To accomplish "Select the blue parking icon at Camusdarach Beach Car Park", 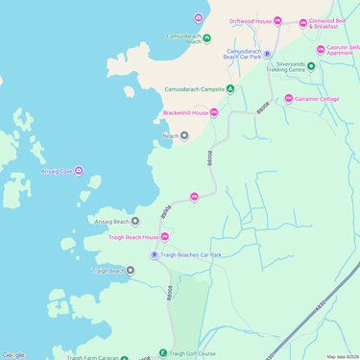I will pyautogui.click(x=267, y=55).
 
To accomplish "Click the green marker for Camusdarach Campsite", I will pyautogui.click(x=229, y=89).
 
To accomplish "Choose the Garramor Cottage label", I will pyautogui.click(x=318, y=99).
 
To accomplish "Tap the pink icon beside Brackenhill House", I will pyautogui.click(x=214, y=112).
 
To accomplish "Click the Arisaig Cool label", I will pyautogui.click(x=53, y=171).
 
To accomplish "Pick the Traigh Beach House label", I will pyautogui.click(x=133, y=237).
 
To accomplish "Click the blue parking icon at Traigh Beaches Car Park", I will pyautogui.click(x=154, y=254).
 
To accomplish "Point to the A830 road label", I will pyautogui.click(x=321, y=308).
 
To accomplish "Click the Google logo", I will pyautogui.click(x=13, y=354).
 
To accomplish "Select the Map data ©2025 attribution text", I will pyautogui.click(x=342, y=356).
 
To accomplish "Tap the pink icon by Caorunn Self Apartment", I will pyautogui.click(x=321, y=49).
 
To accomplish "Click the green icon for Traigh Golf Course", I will pyautogui.click(x=163, y=353).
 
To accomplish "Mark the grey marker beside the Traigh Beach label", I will pyautogui.click(x=132, y=271).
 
